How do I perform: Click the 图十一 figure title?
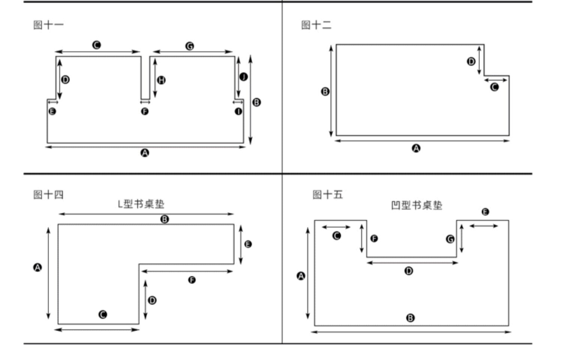(48, 25)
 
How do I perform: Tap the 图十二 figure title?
(316, 25)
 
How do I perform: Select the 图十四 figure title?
(48, 194)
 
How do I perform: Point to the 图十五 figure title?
(327, 194)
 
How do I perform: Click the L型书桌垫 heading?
(141, 204)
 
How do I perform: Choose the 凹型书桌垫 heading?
(416, 205)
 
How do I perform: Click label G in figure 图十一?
(190, 46)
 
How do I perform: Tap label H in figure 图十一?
(161, 80)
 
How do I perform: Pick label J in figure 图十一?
(244, 77)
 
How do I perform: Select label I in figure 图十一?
(238, 111)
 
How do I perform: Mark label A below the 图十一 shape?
(145, 153)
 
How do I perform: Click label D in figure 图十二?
(471, 61)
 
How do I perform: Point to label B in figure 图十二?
(325, 91)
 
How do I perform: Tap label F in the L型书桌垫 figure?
(191, 280)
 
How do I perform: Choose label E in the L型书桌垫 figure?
(248, 244)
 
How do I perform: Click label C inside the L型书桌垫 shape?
(103, 314)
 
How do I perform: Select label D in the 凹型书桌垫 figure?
(409, 270)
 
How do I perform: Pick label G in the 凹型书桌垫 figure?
(450, 239)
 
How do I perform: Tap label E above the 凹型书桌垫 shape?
(485, 212)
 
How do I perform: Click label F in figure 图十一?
(145, 111)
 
